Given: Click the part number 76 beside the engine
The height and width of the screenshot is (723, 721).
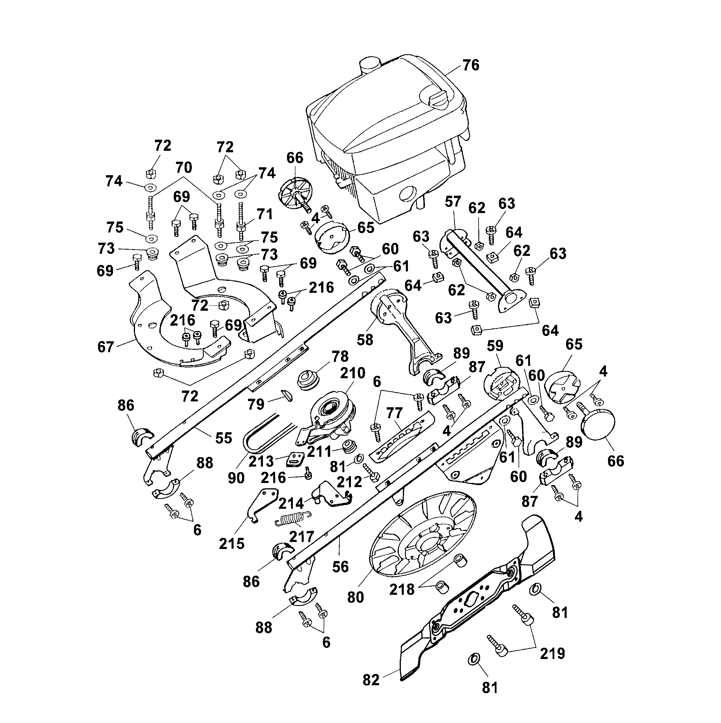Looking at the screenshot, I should tap(471, 65).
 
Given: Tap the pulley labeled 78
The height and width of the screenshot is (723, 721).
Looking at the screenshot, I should tap(308, 381).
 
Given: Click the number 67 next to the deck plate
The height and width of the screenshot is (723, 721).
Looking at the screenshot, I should tap(106, 347).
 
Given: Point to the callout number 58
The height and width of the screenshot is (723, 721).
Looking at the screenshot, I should tap(365, 340).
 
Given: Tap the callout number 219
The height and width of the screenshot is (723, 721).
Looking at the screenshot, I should tap(552, 653).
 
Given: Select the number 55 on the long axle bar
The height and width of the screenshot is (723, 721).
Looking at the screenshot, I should tap(224, 438).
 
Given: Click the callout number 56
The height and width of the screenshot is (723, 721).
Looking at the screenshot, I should tap(340, 567).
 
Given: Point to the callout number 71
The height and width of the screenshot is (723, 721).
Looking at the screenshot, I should tap(265, 214).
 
